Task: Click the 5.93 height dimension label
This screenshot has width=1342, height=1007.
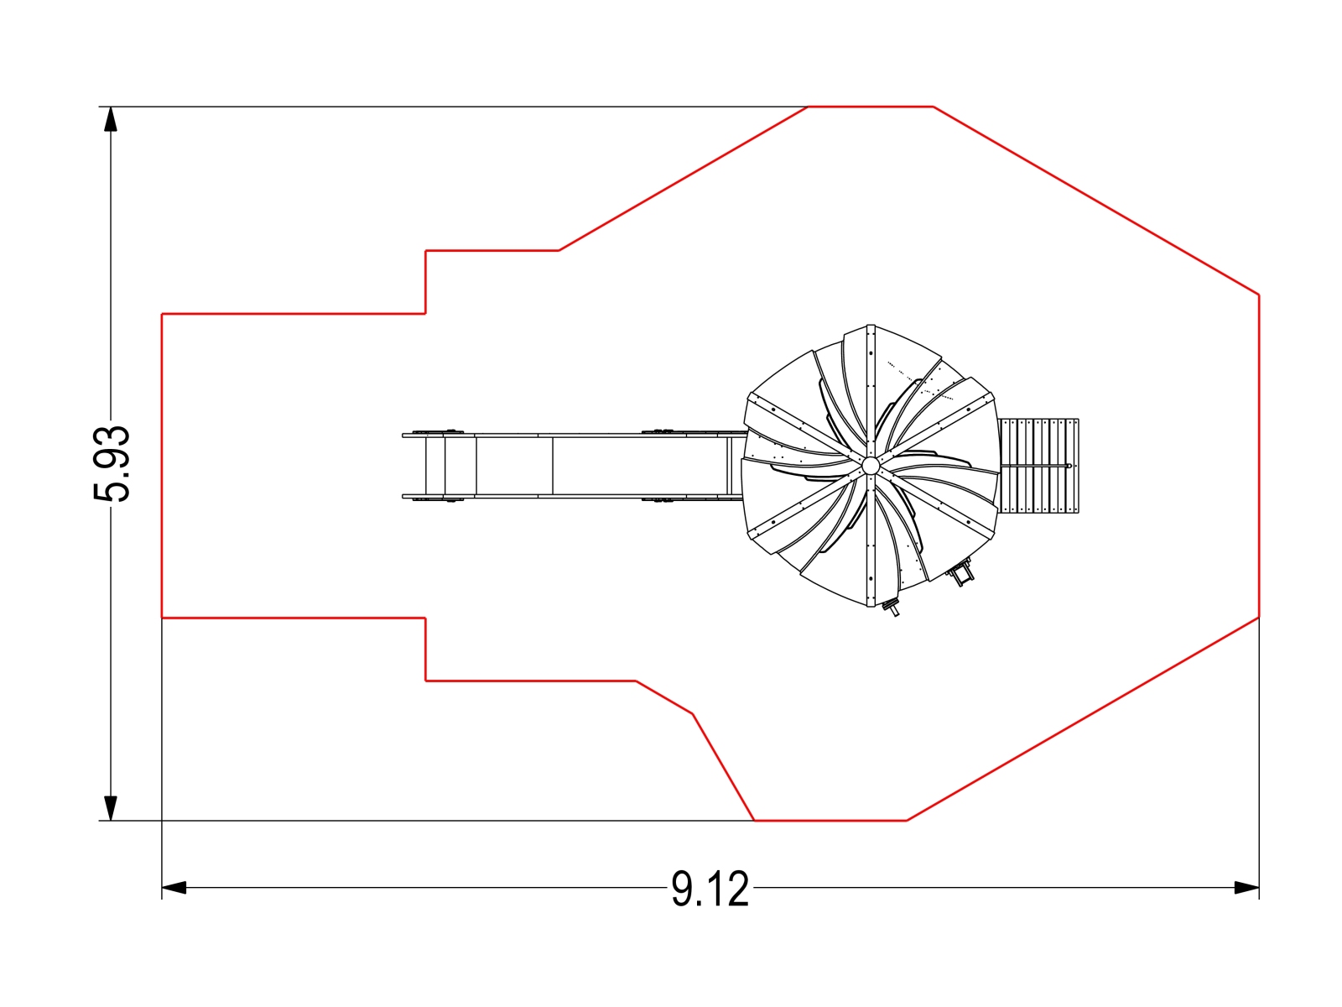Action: click(x=112, y=463)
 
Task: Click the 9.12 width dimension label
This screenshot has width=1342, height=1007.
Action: click(x=710, y=889)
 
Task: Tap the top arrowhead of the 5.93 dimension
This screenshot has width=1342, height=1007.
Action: click(x=111, y=119)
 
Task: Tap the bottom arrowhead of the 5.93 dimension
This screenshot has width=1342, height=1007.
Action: click(x=111, y=807)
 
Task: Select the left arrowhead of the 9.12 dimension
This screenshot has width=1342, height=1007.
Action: click(x=174, y=887)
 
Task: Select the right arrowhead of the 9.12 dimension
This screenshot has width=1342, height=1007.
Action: click(x=1246, y=887)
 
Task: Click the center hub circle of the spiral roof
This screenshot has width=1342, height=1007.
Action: click(x=871, y=466)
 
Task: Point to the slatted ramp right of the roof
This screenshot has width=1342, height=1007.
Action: click(x=1038, y=466)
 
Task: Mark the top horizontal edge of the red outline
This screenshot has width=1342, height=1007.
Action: click(x=871, y=107)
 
